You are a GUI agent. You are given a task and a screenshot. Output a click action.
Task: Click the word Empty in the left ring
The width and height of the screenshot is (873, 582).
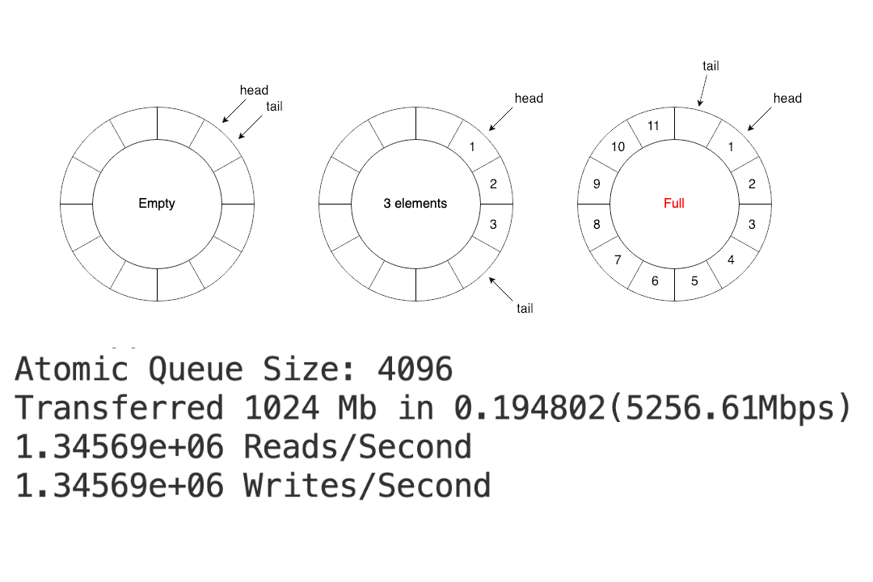[x=157, y=203]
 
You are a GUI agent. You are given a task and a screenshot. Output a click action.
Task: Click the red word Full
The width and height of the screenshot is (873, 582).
[x=673, y=203]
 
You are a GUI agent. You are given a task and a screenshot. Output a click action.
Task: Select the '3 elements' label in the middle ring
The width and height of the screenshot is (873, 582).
[x=415, y=203]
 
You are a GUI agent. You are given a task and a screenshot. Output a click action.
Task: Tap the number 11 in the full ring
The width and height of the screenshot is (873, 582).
[x=653, y=126]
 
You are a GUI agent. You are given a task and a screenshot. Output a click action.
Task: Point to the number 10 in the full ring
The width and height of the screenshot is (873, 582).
[x=618, y=147]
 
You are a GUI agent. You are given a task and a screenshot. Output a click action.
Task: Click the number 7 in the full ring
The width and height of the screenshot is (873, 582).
[x=618, y=259]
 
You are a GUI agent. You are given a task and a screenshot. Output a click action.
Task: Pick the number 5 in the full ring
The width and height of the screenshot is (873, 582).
[x=694, y=280]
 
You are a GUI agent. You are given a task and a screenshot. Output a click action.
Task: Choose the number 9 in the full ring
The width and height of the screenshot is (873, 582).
[x=597, y=183]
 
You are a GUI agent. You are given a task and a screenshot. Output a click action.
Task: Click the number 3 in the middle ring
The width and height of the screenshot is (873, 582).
[x=493, y=224]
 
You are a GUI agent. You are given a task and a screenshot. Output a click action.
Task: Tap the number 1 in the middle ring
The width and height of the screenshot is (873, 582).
[x=472, y=147]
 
